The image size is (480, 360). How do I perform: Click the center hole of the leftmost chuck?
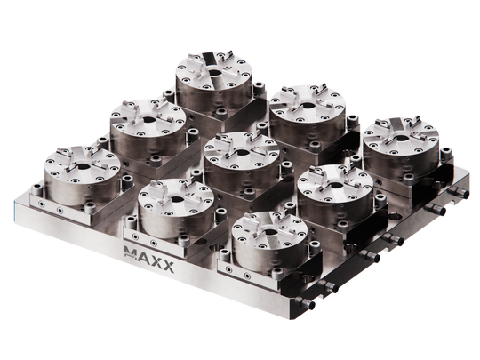[86, 164]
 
